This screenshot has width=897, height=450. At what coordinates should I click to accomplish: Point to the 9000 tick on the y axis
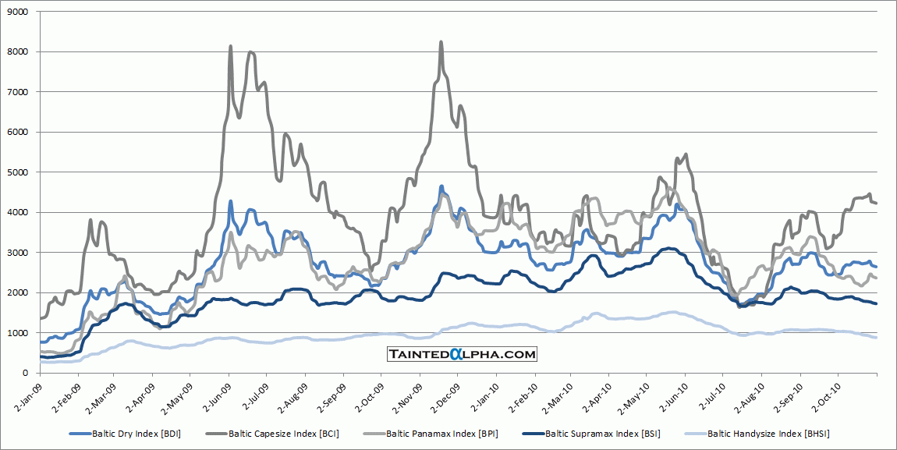[x=16, y=12]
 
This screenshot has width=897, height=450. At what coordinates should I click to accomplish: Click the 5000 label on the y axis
[x=16, y=172]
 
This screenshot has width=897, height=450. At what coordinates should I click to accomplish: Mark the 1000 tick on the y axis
[x=16, y=333]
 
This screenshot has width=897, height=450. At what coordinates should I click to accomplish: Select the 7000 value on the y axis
[x=16, y=92]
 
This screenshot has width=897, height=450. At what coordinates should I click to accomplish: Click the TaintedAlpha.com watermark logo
[x=463, y=354]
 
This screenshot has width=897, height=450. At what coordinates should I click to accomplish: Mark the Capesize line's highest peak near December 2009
[x=441, y=42]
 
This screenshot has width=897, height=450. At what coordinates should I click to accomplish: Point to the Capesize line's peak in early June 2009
[x=230, y=47]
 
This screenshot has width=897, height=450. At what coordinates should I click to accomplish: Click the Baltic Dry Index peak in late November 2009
[x=441, y=186]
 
